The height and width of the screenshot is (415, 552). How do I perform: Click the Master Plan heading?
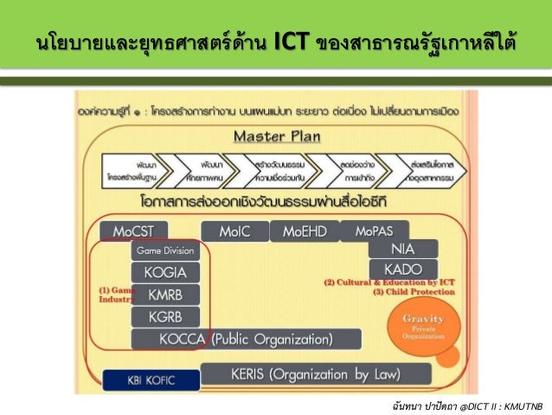point(276,137)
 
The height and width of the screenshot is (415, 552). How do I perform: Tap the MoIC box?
point(234,231)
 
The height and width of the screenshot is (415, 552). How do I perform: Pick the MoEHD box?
point(305,231)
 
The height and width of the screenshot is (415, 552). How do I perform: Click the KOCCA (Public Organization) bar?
point(246,338)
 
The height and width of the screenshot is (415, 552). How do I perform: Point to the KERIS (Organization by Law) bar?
point(315,374)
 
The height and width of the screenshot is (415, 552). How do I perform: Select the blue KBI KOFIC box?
point(138,379)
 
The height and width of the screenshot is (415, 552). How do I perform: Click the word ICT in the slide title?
point(290,41)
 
